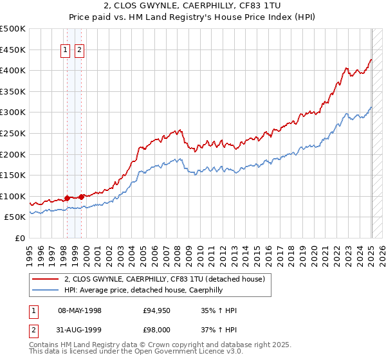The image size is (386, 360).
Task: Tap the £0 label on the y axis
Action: pyautogui.click(x=21, y=238)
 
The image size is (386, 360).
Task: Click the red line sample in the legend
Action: pyautogui.click(x=45, y=280)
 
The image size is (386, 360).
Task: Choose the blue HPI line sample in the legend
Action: pyautogui.click(x=45, y=291)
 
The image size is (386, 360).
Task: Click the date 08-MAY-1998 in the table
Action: pyautogui.click(x=80, y=311)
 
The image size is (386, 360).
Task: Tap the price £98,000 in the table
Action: pyautogui.click(x=156, y=330)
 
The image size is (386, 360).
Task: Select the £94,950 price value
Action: pyautogui.click(x=156, y=311)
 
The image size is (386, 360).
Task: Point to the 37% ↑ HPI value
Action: pyautogui.click(x=219, y=330)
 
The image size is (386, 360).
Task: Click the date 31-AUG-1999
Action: pyautogui.click(x=80, y=330)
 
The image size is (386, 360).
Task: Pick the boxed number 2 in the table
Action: pyautogui.click(x=33, y=330)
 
